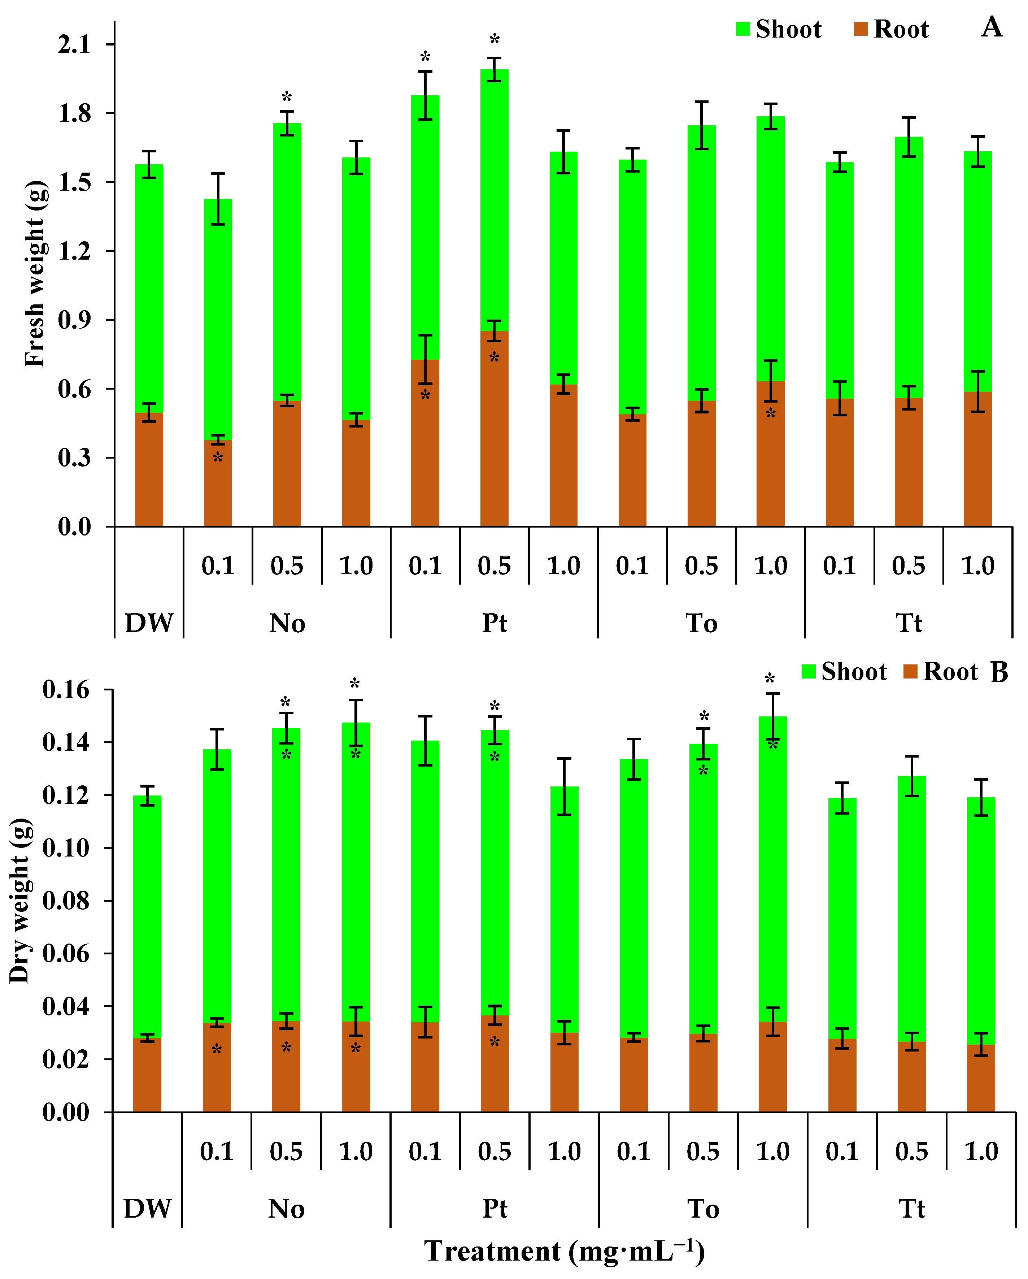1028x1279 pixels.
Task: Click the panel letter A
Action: click(x=991, y=27)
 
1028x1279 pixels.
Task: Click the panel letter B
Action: click(x=999, y=672)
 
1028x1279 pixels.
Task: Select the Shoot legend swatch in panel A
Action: click(x=743, y=29)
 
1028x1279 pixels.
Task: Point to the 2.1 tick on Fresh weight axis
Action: click(x=74, y=44)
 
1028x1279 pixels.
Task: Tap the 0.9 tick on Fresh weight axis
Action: click(x=74, y=320)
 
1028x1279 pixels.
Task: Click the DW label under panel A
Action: click(x=149, y=623)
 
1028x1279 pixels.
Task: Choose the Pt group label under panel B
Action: click(x=495, y=1208)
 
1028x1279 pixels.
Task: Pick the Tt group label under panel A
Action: click(x=908, y=623)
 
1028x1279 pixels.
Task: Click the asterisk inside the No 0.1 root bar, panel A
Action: click(x=218, y=458)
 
